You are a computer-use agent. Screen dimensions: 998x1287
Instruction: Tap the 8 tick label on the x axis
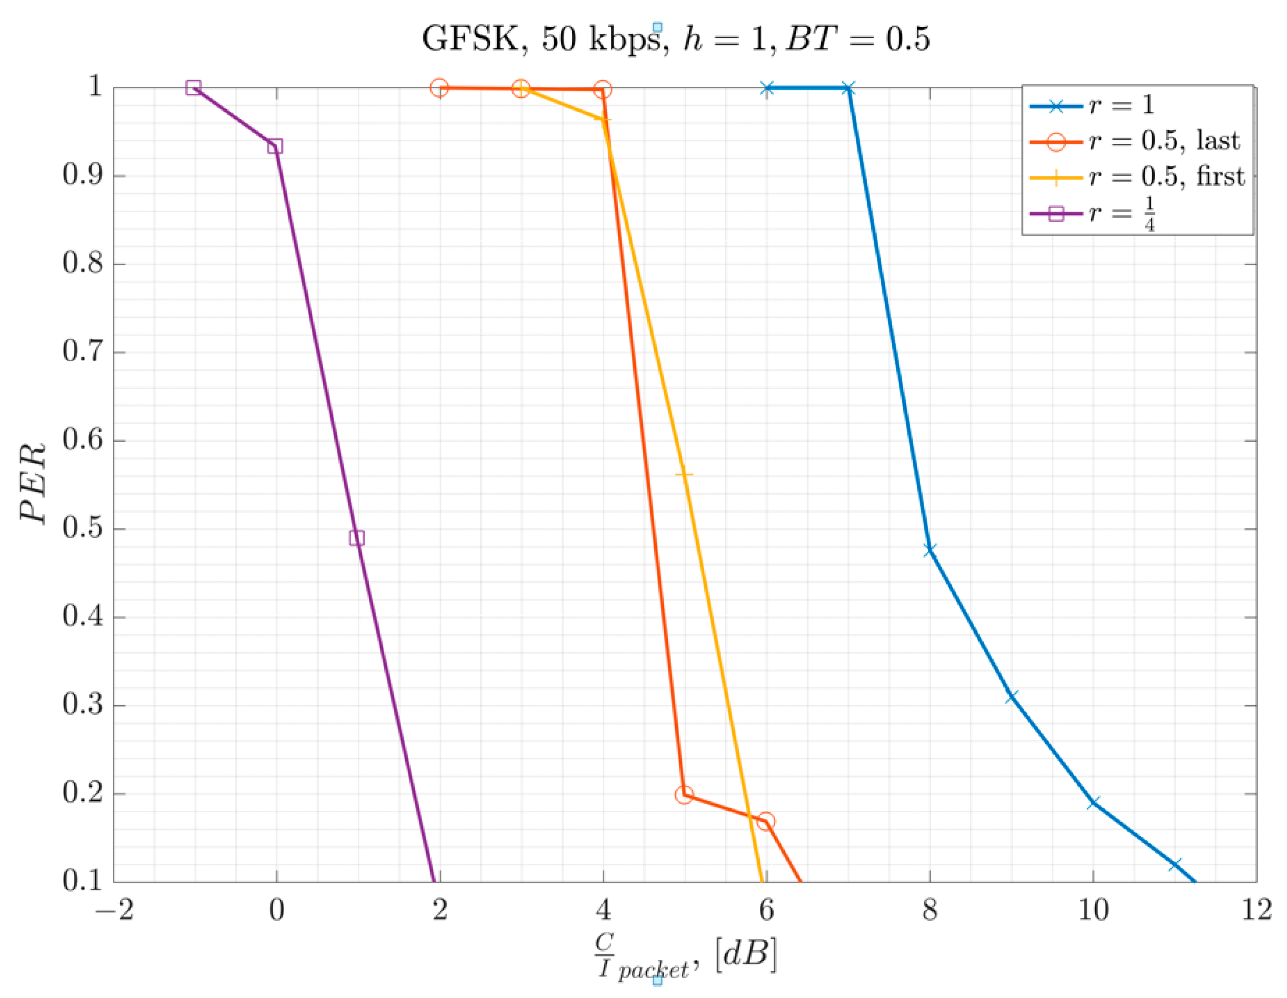[929, 910]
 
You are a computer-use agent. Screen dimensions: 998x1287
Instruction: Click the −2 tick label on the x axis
[114, 910]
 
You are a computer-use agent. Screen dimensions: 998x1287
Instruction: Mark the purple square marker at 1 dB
[357, 538]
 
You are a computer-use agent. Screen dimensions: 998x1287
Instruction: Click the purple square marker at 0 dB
[275, 145]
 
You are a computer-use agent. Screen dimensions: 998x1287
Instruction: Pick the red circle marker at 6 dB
[765, 821]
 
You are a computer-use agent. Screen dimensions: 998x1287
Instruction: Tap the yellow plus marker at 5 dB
[684, 475]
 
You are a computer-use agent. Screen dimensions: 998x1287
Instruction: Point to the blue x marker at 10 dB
[1093, 803]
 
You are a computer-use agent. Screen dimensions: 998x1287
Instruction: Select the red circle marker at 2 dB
[439, 88]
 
